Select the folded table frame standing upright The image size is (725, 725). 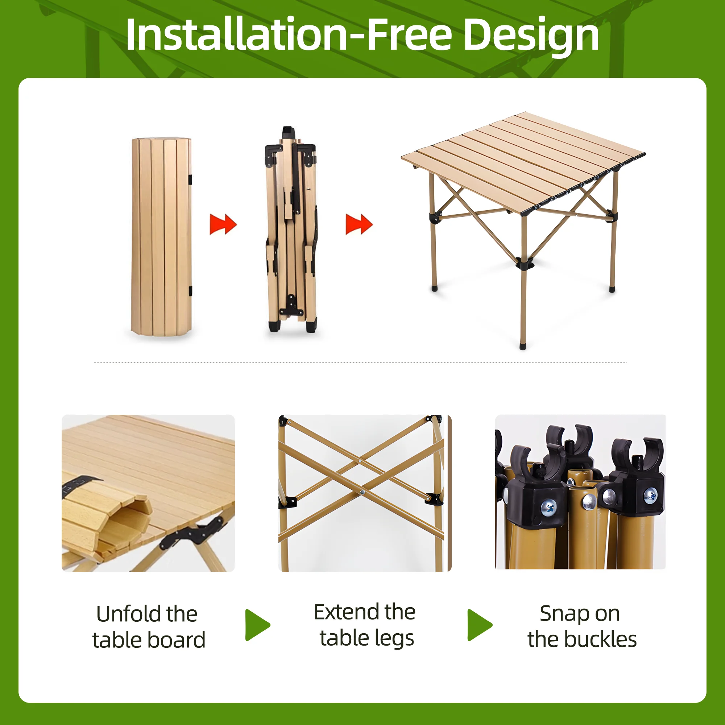point(291,230)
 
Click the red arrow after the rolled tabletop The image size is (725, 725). point(223,224)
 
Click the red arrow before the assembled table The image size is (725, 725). point(359,224)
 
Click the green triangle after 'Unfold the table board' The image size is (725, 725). point(257,625)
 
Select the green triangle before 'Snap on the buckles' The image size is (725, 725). point(480,625)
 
